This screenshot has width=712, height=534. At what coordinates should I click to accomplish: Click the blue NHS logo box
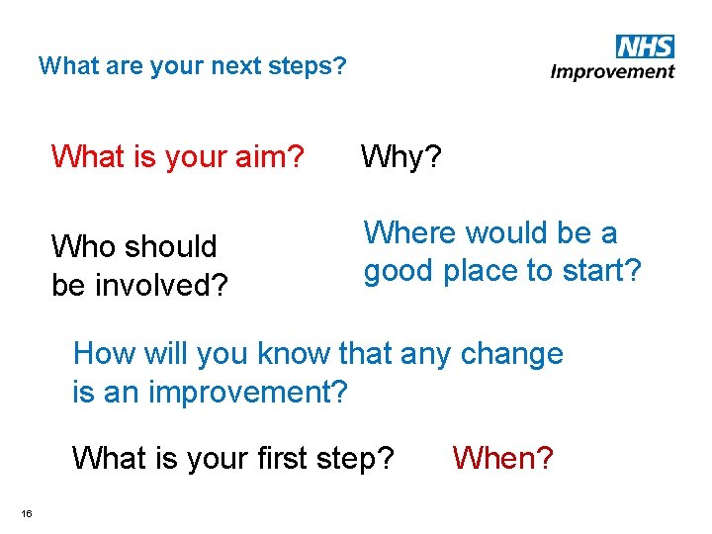point(644,46)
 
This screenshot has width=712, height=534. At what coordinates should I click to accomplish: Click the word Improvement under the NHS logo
point(612,71)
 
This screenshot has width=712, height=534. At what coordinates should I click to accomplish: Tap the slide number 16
point(27,512)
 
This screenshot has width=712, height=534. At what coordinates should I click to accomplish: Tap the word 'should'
point(171,245)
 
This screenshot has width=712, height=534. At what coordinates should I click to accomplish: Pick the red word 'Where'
point(410,233)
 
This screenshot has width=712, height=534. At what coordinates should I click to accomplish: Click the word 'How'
point(103,353)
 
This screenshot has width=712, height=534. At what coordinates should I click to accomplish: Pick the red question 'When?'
point(502,458)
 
